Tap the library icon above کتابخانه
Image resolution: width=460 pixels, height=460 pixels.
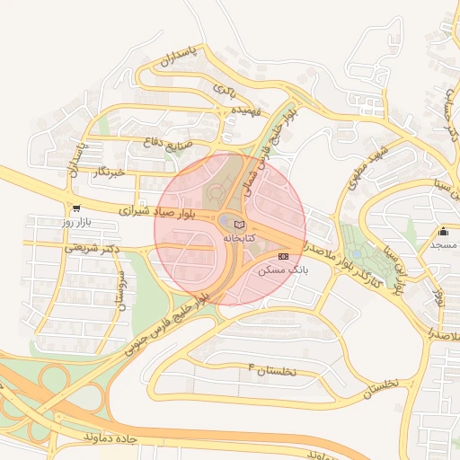pos(238,225)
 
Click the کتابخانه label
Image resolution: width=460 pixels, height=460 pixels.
pos(239,238)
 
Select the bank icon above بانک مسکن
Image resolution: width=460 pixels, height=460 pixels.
pos(284,256)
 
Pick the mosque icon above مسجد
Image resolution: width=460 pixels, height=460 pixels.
pos(443,231)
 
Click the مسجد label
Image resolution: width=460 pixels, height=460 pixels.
pos(442,243)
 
